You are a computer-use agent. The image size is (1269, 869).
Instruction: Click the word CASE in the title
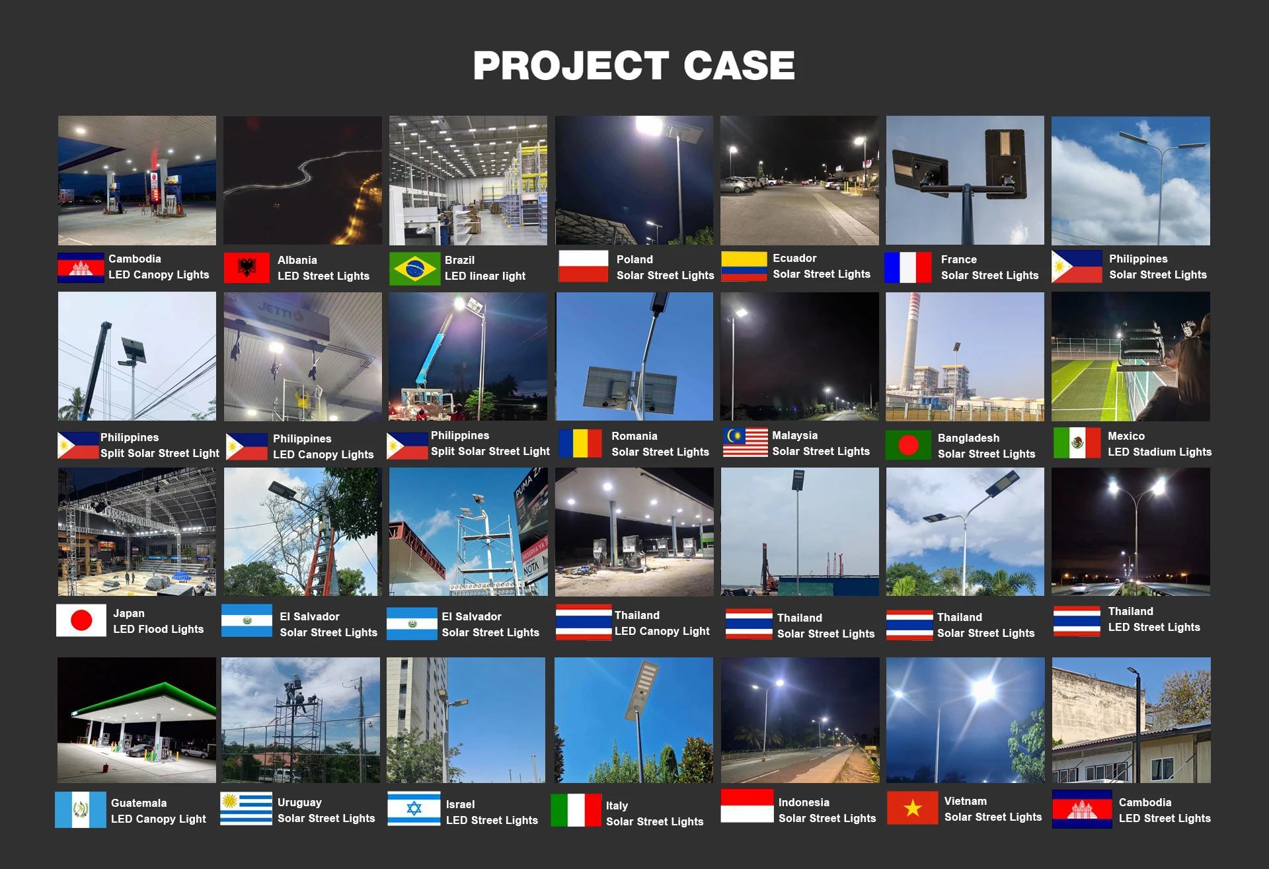click(739, 65)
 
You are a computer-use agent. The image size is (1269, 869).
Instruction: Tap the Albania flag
click(247, 268)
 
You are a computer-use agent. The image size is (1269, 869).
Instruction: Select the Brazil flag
click(414, 269)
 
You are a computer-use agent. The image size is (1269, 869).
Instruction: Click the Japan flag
click(81, 620)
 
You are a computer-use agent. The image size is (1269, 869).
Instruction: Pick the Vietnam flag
click(913, 807)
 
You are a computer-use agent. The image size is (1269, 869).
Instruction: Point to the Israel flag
click(414, 808)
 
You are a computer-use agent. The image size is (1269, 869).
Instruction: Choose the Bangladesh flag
click(908, 444)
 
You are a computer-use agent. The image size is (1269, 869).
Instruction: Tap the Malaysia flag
click(745, 442)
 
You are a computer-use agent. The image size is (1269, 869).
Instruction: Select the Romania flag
click(580, 443)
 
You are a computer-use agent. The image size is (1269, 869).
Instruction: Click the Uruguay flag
click(246, 808)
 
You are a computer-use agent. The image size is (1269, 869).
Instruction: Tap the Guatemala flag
click(81, 809)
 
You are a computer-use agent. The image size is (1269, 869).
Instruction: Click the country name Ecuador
click(794, 258)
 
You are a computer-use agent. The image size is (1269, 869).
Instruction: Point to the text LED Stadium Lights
click(1160, 452)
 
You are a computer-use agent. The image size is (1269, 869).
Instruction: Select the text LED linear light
click(485, 276)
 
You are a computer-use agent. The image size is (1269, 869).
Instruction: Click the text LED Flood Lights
click(159, 629)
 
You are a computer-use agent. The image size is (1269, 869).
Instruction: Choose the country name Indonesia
click(804, 802)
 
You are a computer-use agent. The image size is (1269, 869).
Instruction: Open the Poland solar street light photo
click(634, 181)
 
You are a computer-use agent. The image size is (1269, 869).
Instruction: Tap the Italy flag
click(568, 810)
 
